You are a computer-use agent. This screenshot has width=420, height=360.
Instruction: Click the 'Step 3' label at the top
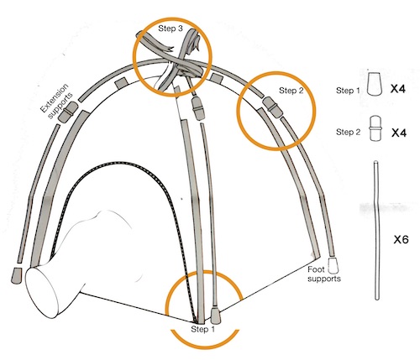click(x=171, y=29)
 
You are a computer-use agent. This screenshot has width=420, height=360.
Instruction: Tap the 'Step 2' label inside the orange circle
click(x=291, y=91)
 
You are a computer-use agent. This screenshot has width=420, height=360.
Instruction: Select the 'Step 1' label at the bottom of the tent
click(x=202, y=329)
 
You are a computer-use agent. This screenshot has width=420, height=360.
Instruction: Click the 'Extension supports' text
click(x=55, y=101)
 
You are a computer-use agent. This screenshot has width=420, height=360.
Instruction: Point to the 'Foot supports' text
click(x=324, y=274)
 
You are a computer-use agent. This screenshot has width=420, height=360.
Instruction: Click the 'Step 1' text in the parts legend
click(x=348, y=91)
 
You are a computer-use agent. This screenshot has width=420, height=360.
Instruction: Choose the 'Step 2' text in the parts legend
click(x=349, y=132)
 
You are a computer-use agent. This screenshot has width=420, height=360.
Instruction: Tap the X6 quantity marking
click(x=401, y=239)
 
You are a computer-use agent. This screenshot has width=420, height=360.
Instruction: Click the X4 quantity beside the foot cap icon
click(x=398, y=89)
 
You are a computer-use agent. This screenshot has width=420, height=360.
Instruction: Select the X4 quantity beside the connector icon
click(x=398, y=133)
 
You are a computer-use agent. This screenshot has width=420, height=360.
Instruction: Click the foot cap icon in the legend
click(x=375, y=84)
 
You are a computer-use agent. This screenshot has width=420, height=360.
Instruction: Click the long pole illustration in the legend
click(x=376, y=230)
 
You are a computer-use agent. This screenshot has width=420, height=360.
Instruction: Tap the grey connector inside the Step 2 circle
click(x=271, y=107)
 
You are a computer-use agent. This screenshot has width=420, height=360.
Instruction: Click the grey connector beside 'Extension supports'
click(x=68, y=112)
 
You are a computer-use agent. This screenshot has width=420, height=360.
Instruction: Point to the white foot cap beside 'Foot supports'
click(x=333, y=266)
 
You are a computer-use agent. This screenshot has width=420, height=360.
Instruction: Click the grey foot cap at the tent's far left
click(x=16, y=275)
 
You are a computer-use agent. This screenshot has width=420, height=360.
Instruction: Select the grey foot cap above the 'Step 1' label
click(x=215, y=315)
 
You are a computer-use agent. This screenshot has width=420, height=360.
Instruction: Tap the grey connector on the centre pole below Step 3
click(x=198, y=107)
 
